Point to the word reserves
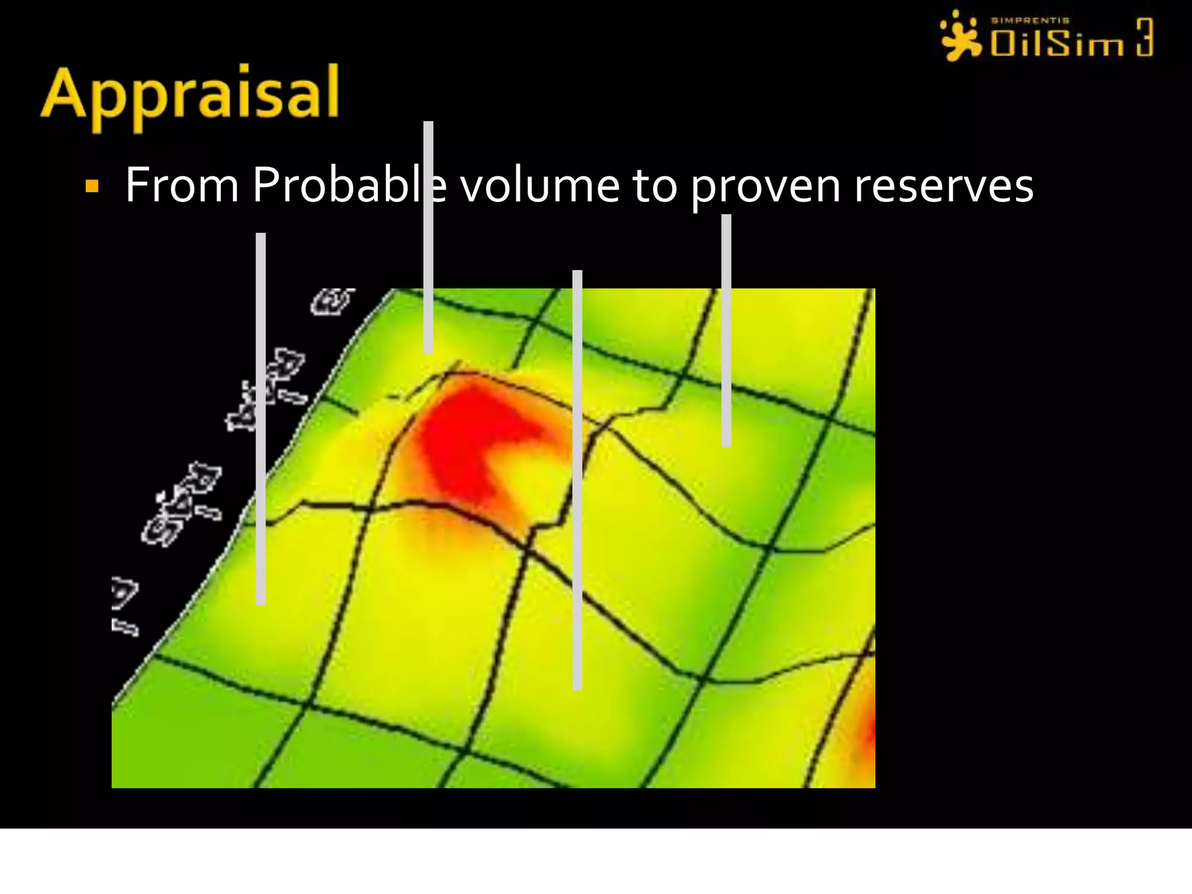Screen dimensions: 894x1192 [x=943, y=186]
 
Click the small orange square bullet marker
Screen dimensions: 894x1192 [x=92, y=187]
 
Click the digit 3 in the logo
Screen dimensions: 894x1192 [x=1144, y=37]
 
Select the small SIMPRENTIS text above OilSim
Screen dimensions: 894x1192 [x=1030, y=20]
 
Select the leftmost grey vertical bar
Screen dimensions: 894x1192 [x=261, y=419]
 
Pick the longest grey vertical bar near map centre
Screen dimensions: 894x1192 [x=577, y=480]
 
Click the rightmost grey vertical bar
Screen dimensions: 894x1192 [x=726, y=331]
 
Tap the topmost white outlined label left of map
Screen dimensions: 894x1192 [x=332, y=301]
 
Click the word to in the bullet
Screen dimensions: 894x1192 [x=655, y=186]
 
